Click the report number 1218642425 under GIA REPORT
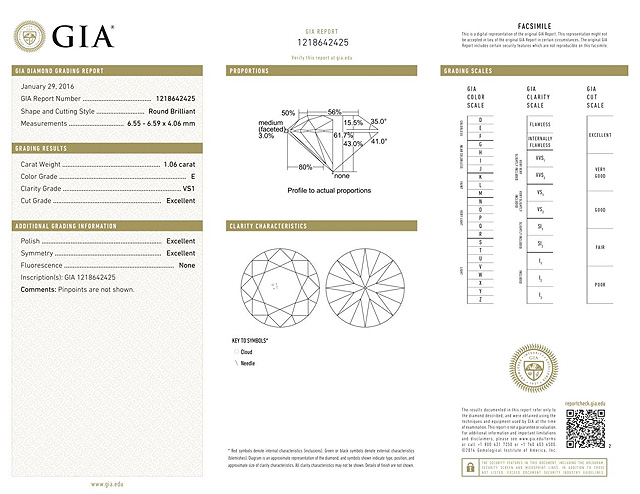tap(324, 42)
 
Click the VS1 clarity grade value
tap(188, 187)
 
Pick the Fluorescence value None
tap(186, 266)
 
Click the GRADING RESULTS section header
tap(45, 148)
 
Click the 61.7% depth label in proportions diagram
tap(344, 135)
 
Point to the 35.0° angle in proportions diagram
tap(378, 121)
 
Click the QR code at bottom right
tap(586, 431)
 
